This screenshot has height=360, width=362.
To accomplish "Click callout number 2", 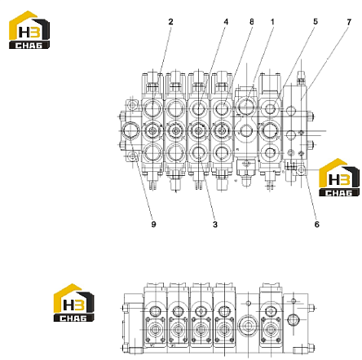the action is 170,22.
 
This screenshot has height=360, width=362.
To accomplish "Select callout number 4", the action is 226,22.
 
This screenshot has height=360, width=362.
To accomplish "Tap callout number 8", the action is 252,22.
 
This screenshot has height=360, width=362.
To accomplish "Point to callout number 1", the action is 272,22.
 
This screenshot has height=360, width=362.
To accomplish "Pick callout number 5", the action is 316,22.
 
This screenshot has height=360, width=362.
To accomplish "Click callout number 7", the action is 349,22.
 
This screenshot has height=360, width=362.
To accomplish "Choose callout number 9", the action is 154,224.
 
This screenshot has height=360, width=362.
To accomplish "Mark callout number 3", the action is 215,224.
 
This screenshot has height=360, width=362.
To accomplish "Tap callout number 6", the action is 317,224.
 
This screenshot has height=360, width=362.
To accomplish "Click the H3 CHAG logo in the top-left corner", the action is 29,30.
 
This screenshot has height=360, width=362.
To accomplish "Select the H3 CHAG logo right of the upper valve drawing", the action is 339,178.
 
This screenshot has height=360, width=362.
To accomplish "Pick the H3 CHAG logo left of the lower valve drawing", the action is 74,303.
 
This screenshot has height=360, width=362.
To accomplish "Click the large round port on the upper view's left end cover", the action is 130,130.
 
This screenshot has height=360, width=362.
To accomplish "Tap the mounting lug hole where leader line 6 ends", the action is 302,170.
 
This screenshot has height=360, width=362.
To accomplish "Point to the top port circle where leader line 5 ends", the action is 271,108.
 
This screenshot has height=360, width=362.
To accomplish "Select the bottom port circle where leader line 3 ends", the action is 199,152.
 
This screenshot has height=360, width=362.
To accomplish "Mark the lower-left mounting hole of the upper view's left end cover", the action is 132,156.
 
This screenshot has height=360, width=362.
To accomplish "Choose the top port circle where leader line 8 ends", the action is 223,108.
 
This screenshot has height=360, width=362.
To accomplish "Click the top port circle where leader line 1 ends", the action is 246,105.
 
